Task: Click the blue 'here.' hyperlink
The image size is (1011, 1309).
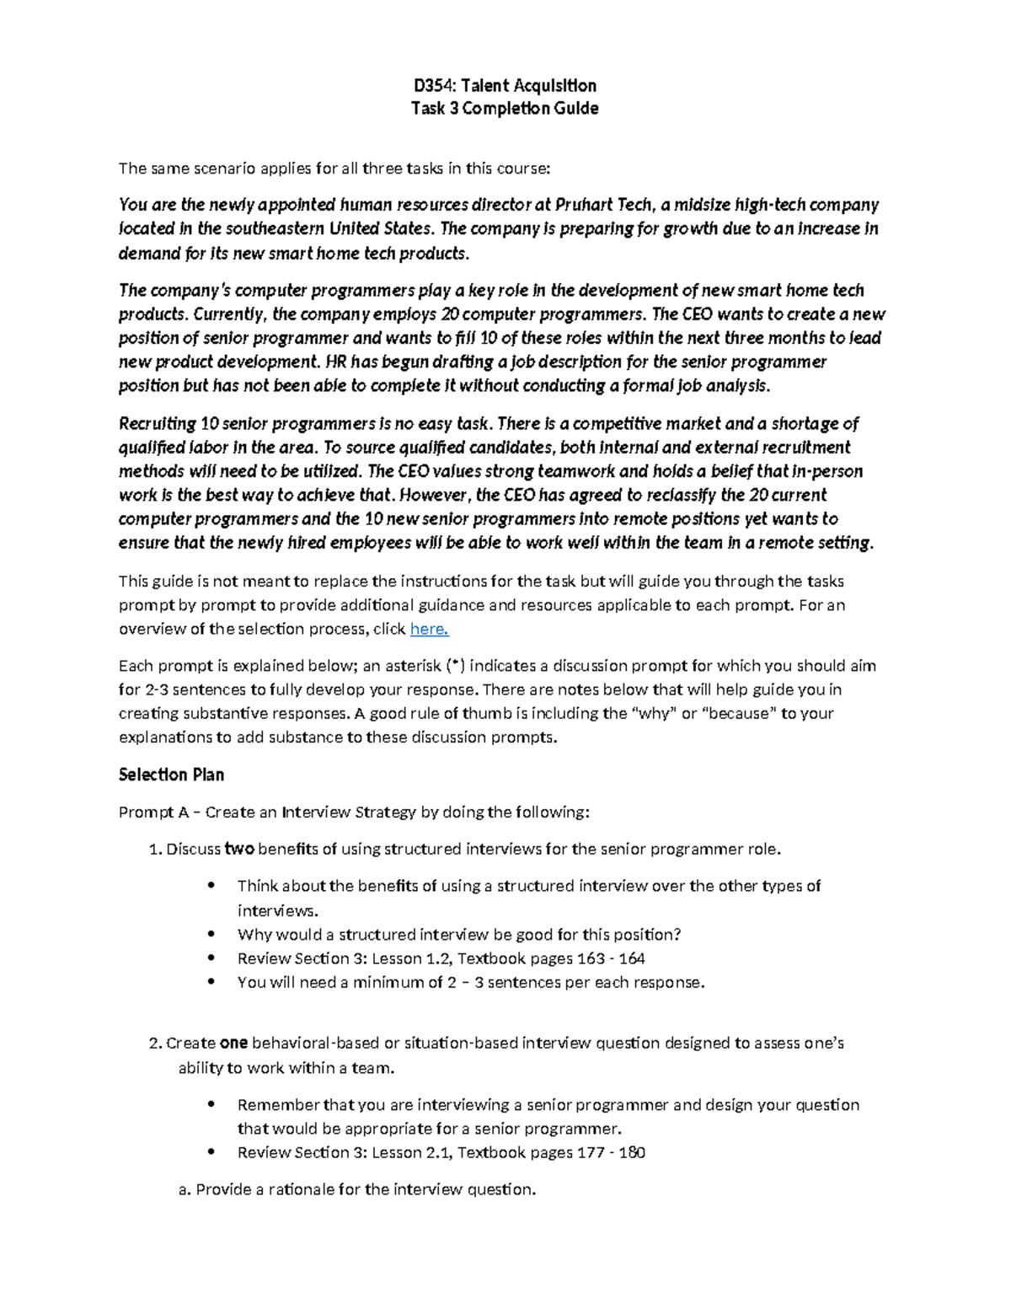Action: click(429, 629)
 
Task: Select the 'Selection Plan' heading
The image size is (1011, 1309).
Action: click(171, 775)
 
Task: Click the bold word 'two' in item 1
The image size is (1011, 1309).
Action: click(239, 849)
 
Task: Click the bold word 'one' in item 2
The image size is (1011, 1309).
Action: click(233, 1043)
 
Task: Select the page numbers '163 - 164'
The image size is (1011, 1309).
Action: click(611, 958)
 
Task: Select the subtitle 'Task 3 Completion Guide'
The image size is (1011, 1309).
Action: click(504, 109)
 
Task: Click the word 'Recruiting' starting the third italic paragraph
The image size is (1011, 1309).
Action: click(158, 424)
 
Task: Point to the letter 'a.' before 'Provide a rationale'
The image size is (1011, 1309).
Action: click(185, 1190)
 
